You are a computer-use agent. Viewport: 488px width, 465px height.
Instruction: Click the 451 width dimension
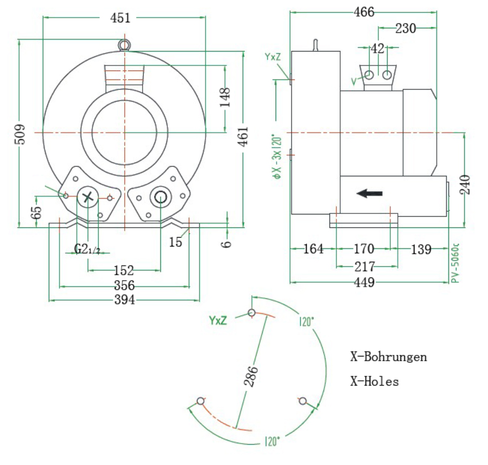coord(120,18)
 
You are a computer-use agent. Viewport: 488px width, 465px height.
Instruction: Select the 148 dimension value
coord(225,97)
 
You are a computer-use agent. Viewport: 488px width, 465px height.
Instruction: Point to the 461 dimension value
coord(243,136)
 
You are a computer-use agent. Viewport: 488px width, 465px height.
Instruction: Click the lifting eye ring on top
coord(125,45)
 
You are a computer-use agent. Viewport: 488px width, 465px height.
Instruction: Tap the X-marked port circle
coord(87,197)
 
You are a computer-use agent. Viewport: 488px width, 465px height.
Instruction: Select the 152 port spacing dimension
coord(124,270)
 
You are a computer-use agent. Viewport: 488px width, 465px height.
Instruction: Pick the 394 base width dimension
coord(125,300)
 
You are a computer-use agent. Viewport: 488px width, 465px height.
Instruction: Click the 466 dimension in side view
coord(363,13)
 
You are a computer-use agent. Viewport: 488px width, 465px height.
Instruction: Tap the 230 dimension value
coord(405,28)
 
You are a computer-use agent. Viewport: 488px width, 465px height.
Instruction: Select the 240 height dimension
coord(465,184)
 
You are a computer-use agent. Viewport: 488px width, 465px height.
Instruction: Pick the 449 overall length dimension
coord(363,282)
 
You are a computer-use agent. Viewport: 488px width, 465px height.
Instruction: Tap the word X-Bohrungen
coord(389,357)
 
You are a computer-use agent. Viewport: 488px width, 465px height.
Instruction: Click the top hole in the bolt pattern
coord(252,313)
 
